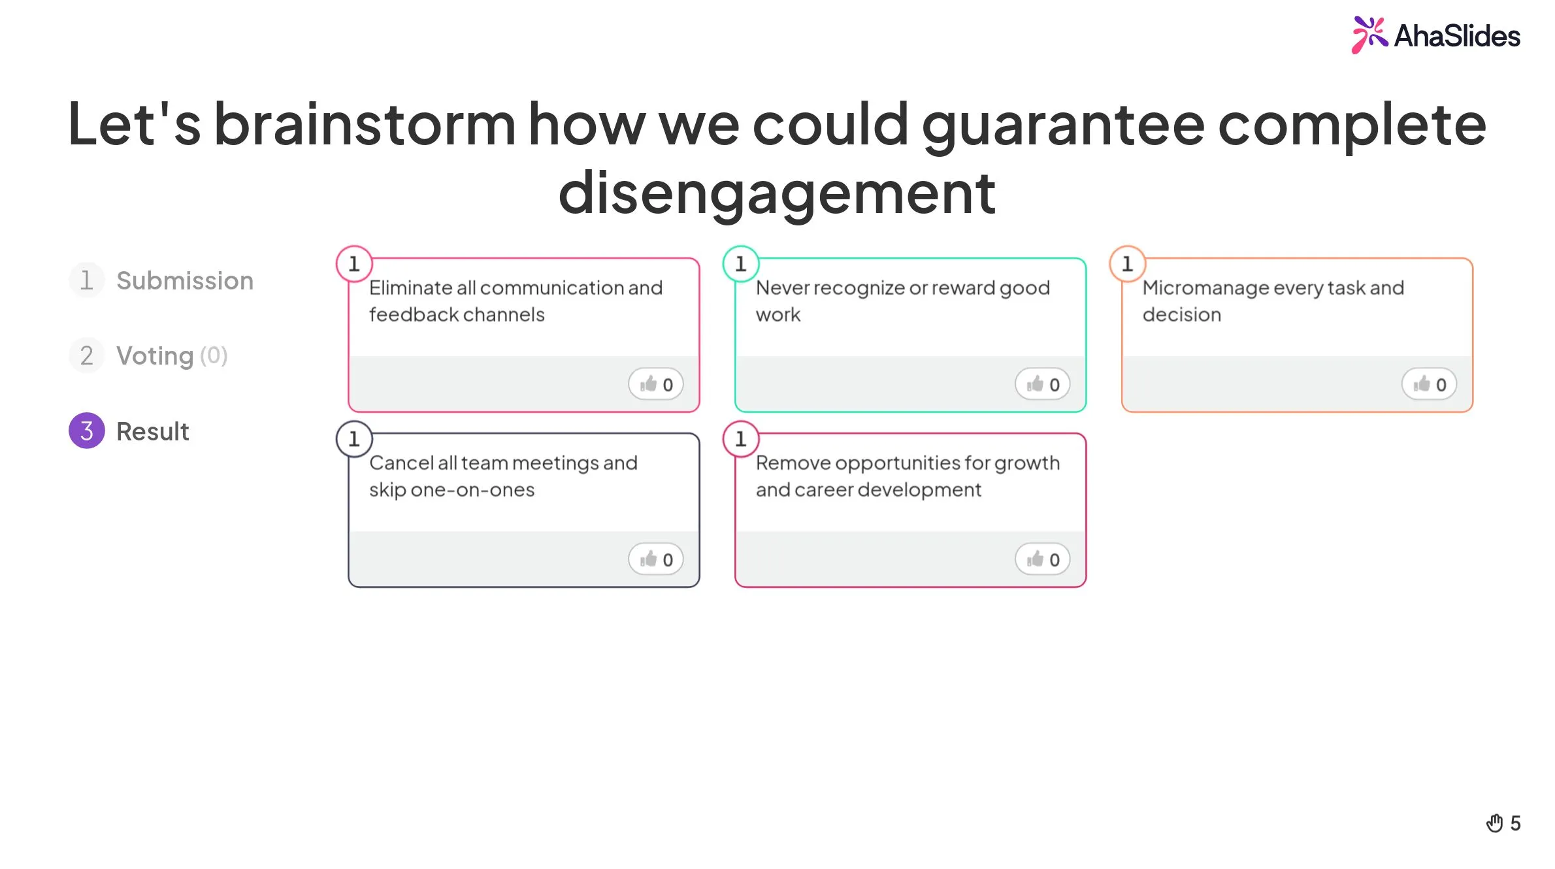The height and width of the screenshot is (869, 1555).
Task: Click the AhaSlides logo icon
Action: [x=1369, y=35]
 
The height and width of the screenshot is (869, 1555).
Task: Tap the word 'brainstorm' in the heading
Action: [x=365, y=124]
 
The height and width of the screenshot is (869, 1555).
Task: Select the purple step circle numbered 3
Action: [x=87, y=431]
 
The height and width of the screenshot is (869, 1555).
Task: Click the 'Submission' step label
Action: [x=185, y=280]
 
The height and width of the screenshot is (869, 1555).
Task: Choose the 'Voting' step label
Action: [x=155, y=356]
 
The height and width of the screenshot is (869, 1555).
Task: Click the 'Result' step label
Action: [x=153, y=431]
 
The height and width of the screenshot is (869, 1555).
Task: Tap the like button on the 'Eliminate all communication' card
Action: [x=656, y=384]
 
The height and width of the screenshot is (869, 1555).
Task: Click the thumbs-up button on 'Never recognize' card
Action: [x=1043, y=384]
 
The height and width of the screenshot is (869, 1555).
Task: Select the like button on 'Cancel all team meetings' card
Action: [x=656, y=559]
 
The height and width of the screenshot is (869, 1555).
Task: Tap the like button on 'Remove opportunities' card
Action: [x=1043, y=559]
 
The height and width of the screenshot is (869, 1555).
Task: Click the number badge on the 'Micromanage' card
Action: [x=1128, y=264]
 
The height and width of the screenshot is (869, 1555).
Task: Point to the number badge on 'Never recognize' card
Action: [x=741, y=264]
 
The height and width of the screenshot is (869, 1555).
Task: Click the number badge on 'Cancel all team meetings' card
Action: [x=354, y=439]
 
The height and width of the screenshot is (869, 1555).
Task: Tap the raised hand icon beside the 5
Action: [x=1495, y=823]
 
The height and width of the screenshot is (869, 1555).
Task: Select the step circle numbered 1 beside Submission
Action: [x=87, y=280]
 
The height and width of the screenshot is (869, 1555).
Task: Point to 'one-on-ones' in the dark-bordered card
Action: [x=472, y=490]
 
